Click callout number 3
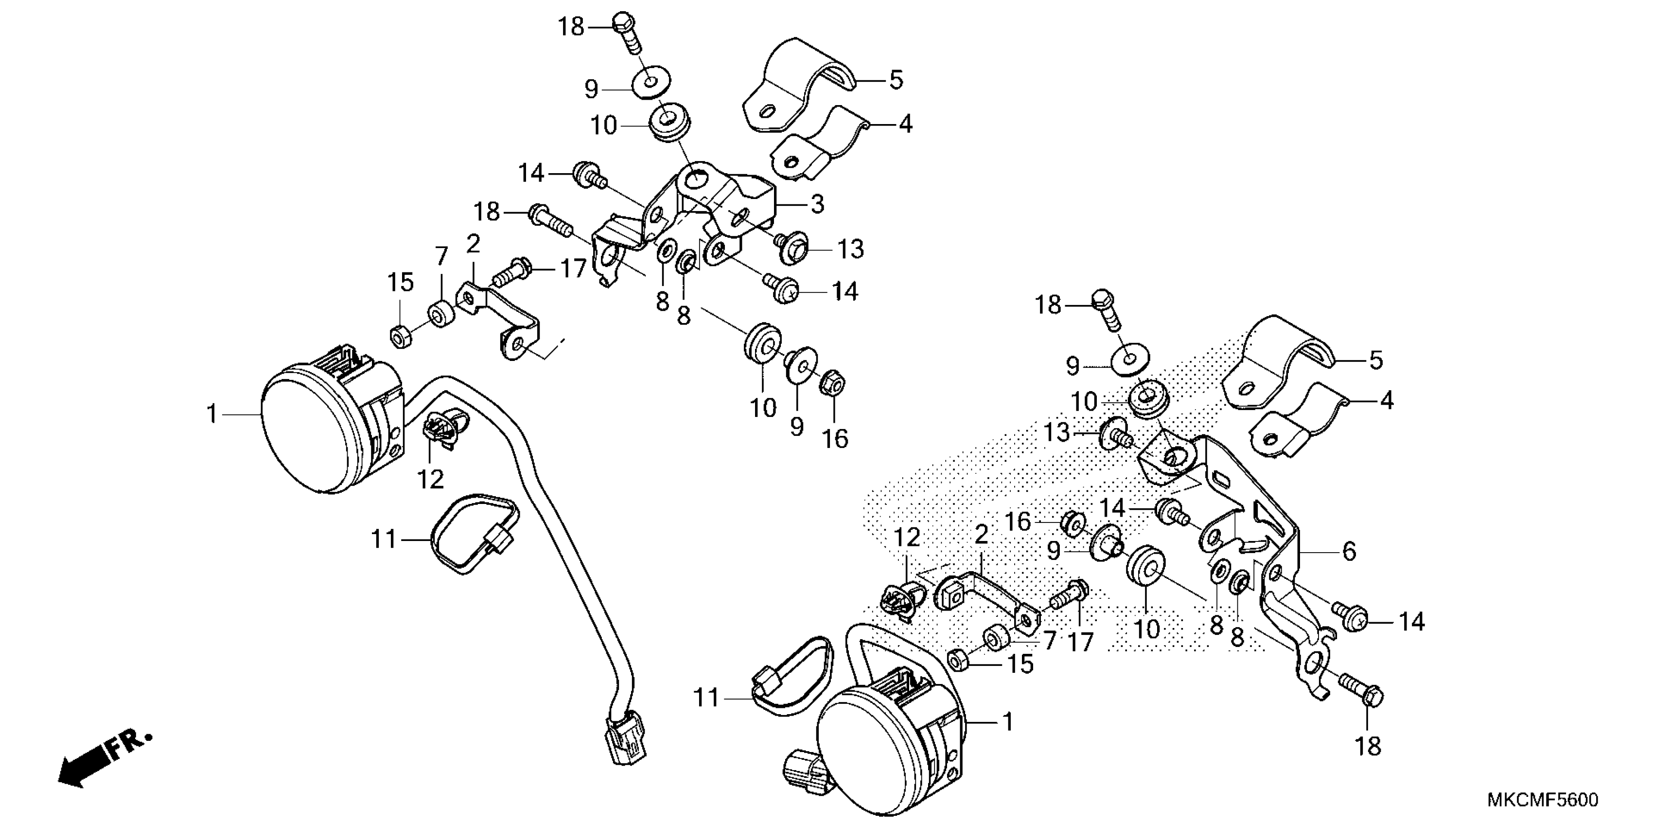[817, 204]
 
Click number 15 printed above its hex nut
[401, 283]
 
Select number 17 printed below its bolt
[1081, 642]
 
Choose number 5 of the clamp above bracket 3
[896, 80]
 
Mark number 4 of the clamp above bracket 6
[1387, 401]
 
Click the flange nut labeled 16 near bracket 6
[1071, 524]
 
